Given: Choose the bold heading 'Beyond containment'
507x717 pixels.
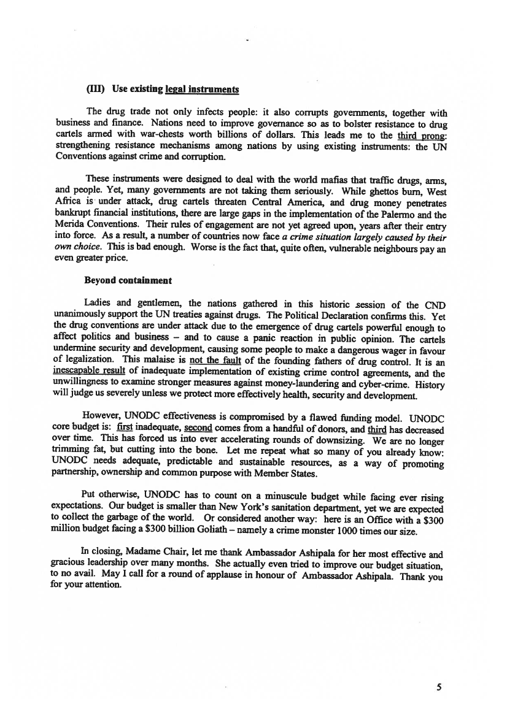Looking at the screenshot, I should (128, 280).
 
